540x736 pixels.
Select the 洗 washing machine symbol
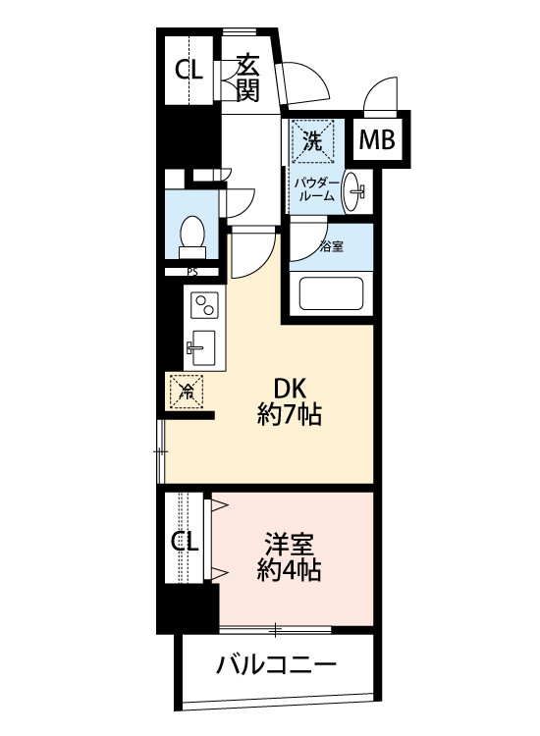[312, 141]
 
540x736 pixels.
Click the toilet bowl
[193, 235]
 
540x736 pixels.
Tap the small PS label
[192, 273]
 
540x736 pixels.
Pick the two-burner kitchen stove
[203, 306]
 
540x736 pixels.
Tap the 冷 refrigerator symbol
[187, 391]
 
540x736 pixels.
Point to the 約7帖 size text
[291, 416]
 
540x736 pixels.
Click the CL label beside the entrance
[188, 69]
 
